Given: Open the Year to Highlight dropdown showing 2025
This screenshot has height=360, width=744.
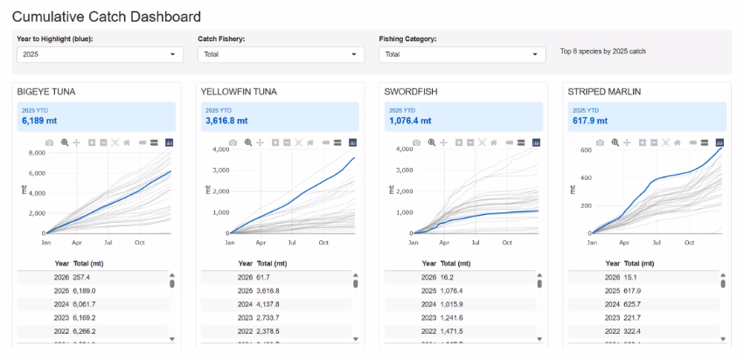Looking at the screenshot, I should pos(100,54).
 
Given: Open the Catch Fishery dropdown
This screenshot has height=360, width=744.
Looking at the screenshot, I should pos(280,54).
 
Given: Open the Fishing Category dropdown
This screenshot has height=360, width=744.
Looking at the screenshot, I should pos(462,54).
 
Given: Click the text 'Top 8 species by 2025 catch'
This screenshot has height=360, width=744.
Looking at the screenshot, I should pos(602,52).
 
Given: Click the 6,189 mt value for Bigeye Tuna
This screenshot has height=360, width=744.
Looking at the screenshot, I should pos(40,121).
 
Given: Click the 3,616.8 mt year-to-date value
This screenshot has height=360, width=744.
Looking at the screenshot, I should pos(226,121).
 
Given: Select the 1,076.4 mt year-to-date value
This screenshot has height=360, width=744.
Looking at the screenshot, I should pos(410,121).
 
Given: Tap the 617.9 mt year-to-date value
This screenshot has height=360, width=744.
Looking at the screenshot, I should pos(591,121).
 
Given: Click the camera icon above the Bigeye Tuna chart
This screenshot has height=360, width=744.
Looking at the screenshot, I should pos(50,142).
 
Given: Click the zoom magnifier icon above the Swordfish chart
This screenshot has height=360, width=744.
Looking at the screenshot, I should pos(431,142).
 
